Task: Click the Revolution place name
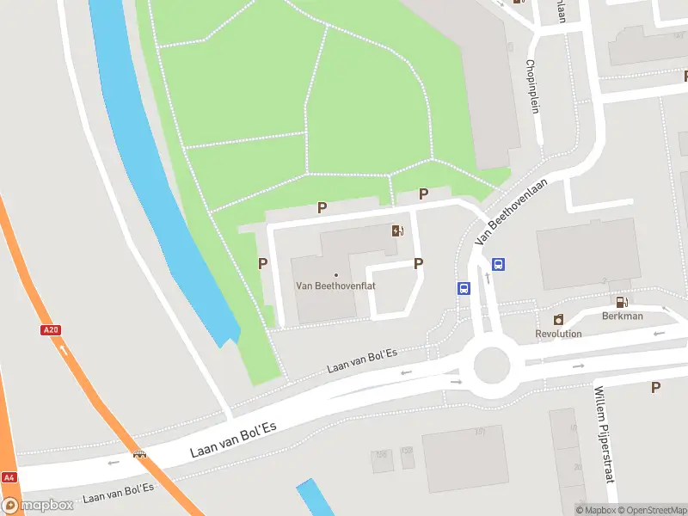tap(558, 334)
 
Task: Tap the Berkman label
tap(623, 316)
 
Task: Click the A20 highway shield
tap(50, 329)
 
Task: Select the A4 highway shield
tap(9, 477)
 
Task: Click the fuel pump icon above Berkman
tap(621, 301)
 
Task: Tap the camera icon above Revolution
tap(558, 320)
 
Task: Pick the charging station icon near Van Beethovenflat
tap(396, 230)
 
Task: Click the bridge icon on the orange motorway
tap(138, 455)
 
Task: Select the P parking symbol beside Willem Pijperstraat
tap(656, 388)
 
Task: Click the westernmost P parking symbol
tap(263, 263)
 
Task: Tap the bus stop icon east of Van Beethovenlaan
tap(498, 264)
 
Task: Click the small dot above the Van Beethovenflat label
tap(336, 274)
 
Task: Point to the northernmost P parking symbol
tap(423, 194)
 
